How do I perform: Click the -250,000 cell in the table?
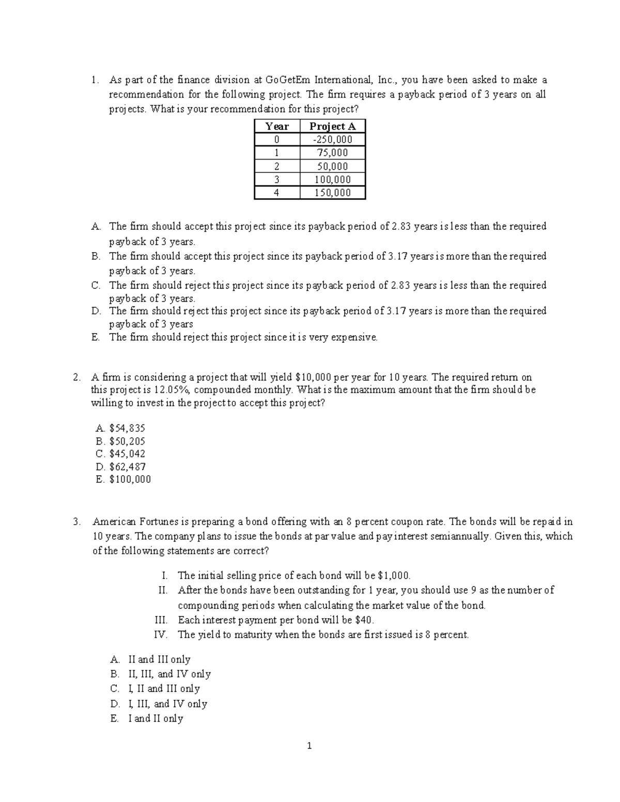(332, 139)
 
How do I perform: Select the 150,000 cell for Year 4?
(332, 193)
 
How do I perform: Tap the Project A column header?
(332, 126)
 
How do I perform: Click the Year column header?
(277, 126)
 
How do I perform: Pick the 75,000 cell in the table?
(332, 153)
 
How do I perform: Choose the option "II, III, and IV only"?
(169, 674)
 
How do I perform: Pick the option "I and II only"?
(156, 718)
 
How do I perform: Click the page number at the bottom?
(309, 746)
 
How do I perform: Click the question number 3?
(77, 522)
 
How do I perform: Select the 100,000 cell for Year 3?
(332, 180)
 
